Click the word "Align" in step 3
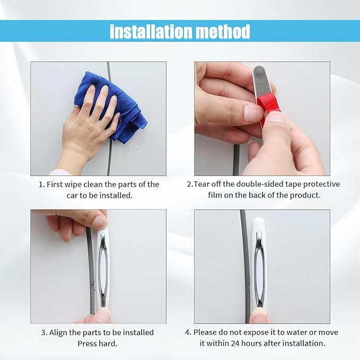click(x=57, y=332)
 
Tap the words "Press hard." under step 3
click(x=98, y=344)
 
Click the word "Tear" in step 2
click(x=202, y=184)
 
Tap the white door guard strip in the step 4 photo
click(x=259, y=264)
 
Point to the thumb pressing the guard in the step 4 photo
click(x=259, y=315)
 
